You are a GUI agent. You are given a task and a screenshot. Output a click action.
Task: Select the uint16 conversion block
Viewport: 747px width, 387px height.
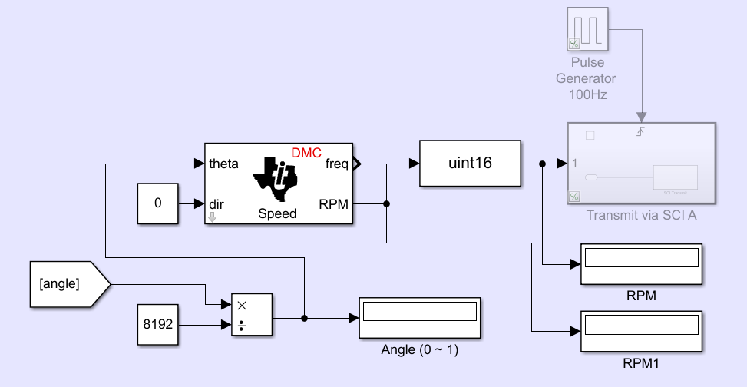470,164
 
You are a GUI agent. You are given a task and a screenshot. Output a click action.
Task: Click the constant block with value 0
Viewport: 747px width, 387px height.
158,203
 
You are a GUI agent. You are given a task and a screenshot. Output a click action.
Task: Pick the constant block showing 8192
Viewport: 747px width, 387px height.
158,325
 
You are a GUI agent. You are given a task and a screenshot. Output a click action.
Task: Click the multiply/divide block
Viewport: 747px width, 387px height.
251,315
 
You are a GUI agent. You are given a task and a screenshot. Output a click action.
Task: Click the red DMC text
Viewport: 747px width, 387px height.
306,152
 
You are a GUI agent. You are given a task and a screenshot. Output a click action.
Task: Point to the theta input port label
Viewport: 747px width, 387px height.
223,164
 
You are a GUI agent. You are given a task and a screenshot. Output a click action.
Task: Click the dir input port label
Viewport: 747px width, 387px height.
217,203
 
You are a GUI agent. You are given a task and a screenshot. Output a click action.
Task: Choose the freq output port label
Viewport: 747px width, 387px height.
335,164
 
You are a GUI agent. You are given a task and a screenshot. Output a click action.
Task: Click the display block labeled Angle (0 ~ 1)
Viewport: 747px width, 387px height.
419,317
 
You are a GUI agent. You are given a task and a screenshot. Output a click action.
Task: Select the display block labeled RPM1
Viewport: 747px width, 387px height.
642,331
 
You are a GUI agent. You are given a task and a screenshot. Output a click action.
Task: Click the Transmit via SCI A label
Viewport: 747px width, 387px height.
641,214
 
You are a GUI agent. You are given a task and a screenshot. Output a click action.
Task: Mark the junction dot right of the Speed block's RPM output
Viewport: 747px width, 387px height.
386,203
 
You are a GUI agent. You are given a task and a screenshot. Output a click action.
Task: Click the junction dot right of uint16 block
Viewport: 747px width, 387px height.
542,164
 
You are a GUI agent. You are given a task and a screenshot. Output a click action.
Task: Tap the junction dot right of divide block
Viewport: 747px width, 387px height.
305,317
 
